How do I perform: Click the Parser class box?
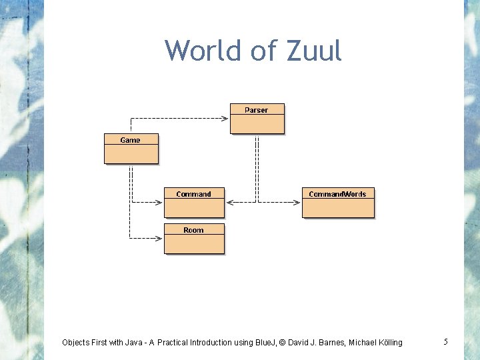[x=257, y=118]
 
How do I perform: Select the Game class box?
[x=131, y=148]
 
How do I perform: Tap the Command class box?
[x=194, y=202]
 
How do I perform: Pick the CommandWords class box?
[x=337, y=202]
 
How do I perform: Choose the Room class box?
[x=194, y=238]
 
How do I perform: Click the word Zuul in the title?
[x=313, y=51]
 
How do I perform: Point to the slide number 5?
[x=445, y=342]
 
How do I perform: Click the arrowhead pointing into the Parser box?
[x=225, y=119]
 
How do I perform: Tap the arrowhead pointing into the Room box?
[x=159, y=237]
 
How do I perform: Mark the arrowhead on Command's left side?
[x=159, y=201]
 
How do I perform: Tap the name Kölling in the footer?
[x=386, y=343]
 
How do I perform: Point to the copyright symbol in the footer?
[x=283, y=343]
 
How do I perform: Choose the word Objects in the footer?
[x=77, y=343]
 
